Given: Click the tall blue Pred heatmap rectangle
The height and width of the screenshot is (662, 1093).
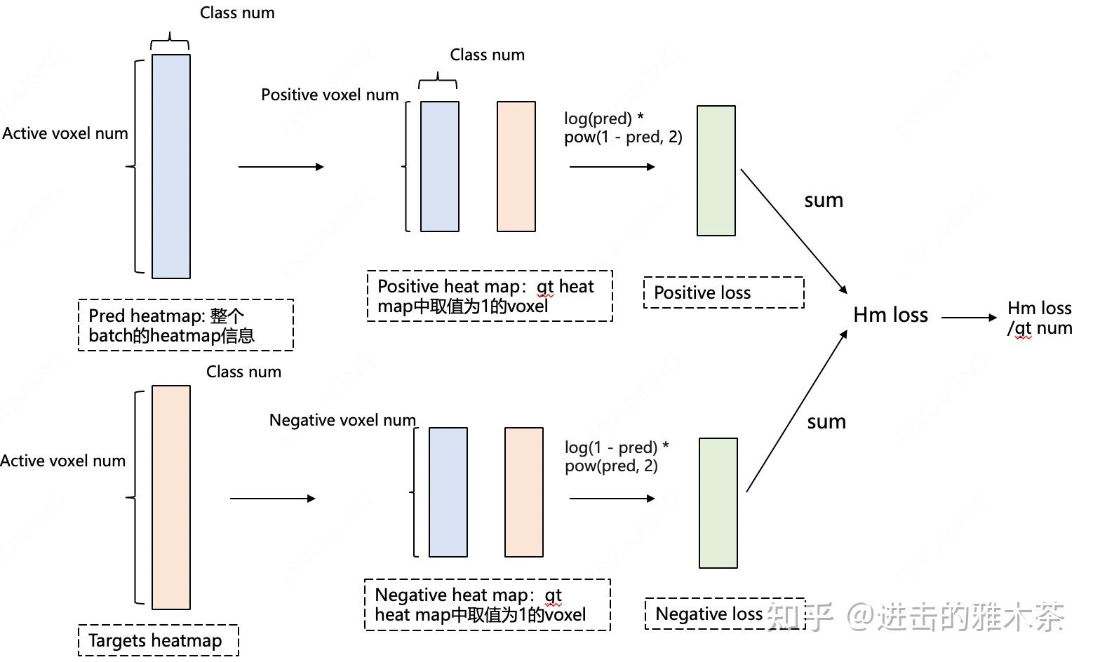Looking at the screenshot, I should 170,166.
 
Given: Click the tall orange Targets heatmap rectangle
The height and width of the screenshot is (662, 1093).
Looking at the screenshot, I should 170,497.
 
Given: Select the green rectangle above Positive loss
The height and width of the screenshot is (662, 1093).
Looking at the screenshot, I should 716,170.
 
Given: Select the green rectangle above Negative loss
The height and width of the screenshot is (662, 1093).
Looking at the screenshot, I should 718,503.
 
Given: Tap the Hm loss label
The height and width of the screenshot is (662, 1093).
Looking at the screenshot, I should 890,316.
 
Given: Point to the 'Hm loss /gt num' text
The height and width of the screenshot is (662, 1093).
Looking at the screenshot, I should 1039,318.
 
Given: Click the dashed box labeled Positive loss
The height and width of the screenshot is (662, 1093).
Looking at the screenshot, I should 723,292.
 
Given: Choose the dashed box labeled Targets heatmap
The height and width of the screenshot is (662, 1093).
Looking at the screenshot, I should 158,640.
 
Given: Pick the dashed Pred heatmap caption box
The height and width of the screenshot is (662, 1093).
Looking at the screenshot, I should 185,325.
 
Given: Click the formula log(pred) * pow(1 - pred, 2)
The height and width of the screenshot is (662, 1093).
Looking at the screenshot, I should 622,128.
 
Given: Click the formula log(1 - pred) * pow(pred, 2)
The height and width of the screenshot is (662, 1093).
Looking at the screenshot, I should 616,457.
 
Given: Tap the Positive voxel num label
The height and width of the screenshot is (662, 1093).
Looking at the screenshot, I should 330,95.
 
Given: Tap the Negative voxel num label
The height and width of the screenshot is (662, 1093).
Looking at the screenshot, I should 342,420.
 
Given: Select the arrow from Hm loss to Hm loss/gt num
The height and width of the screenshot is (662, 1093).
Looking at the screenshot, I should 968,318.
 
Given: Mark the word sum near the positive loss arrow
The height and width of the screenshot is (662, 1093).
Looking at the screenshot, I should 823,201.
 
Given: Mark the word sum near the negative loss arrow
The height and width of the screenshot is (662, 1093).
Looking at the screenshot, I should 826,422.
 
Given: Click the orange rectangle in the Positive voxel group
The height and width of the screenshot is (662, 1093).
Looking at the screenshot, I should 516,166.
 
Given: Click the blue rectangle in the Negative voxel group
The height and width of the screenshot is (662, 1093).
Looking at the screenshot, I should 448,492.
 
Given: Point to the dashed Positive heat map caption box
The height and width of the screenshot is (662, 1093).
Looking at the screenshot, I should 489,296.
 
